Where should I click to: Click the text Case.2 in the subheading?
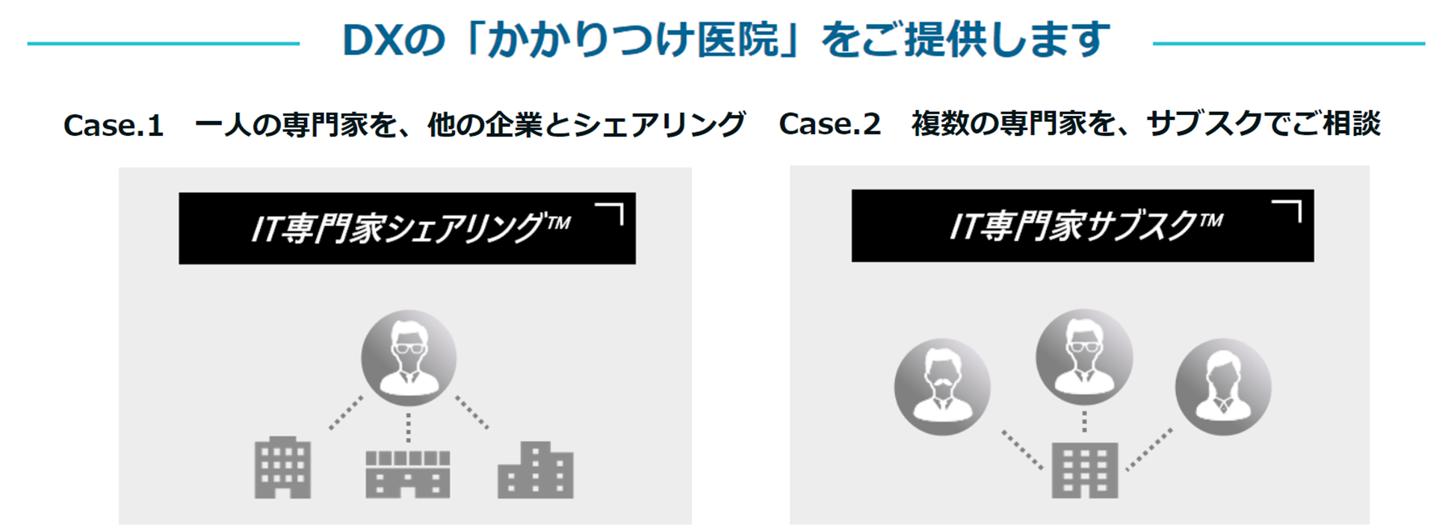829,124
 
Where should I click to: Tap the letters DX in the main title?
372,41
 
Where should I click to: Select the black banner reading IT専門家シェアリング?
407,229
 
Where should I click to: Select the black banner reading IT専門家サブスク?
1082,226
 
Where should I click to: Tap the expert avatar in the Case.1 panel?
409,358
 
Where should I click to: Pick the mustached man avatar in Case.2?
942,387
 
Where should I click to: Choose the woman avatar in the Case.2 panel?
1223,387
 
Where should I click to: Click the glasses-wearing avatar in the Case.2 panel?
1084,357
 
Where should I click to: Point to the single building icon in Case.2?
1084,470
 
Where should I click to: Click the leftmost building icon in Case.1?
282,468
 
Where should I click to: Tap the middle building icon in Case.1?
408,473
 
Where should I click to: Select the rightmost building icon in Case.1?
536,470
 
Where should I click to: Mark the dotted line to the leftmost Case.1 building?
346,413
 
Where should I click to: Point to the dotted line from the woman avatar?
1149,449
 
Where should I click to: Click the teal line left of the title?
163,43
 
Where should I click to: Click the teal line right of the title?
1288,43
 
